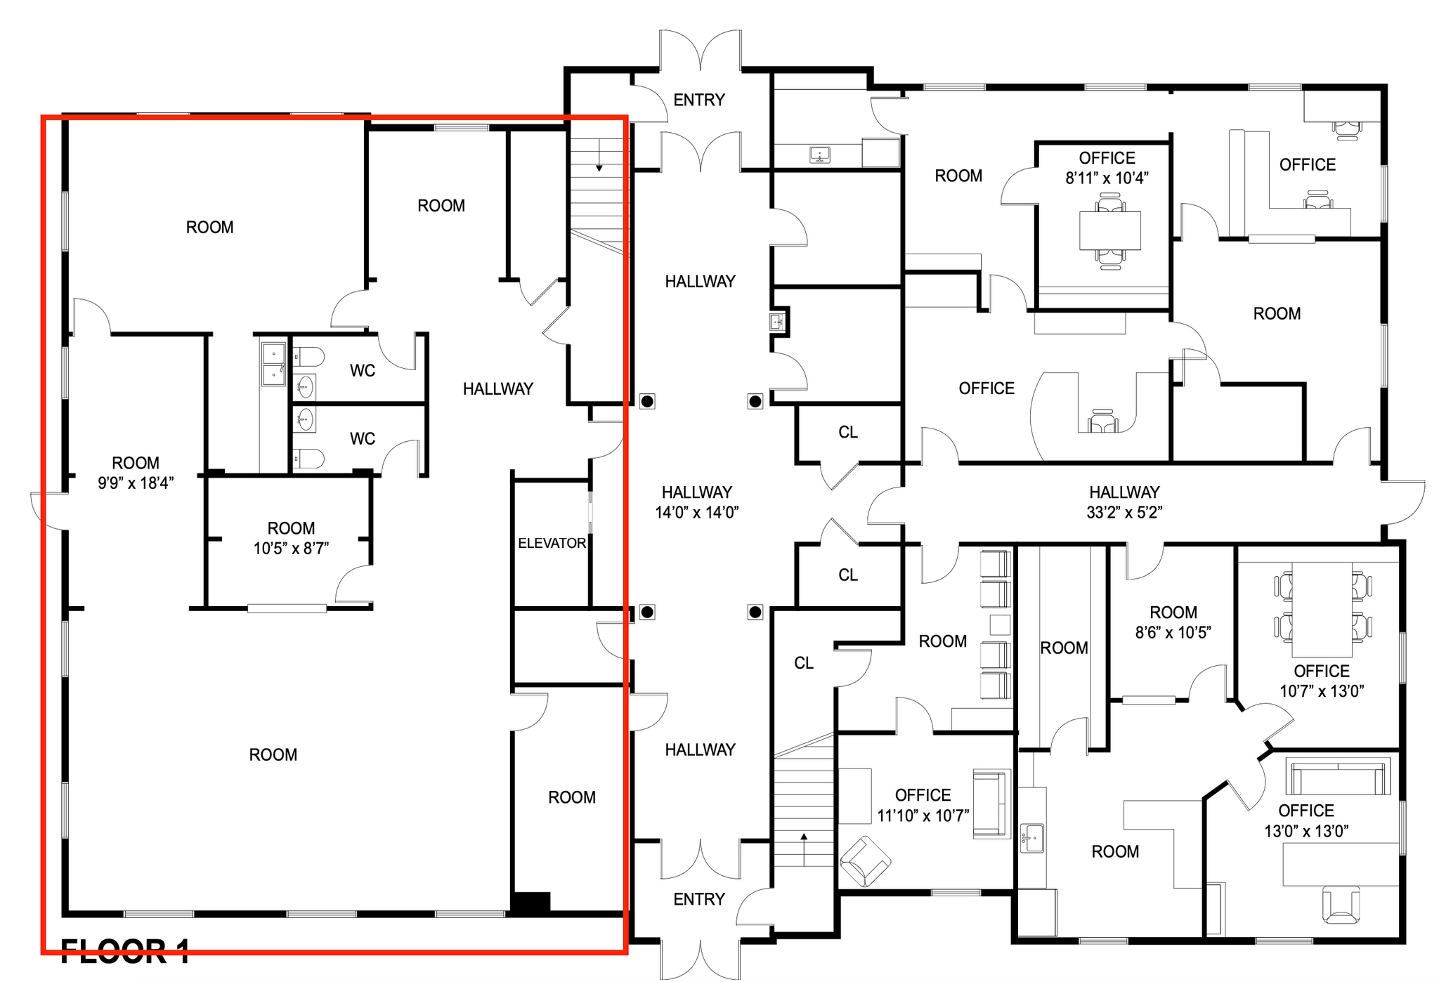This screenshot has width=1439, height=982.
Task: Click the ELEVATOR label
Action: tap(552, 543)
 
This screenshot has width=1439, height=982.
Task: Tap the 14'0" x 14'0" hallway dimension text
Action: tap(696, 513)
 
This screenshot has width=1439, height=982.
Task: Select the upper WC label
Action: tap(363, 371)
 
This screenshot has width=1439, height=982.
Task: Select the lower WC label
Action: tap(363, 439)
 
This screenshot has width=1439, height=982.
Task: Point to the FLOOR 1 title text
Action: tap(125, 952)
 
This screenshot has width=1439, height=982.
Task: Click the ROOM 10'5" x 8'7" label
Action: tap(291, 538)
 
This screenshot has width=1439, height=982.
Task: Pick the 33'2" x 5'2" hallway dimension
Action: tap(1124, 513)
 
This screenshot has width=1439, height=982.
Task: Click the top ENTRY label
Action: tap(698, 100)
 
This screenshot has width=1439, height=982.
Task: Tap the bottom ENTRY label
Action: tap(698, 899)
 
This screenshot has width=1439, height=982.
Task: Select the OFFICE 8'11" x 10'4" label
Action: tap(1107, 168)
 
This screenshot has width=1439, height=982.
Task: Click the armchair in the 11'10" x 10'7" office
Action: tap(865, 861)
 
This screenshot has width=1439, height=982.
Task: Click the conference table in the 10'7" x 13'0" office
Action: tap(1322, 608)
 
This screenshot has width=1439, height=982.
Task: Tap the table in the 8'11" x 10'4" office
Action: tap(1109, 230)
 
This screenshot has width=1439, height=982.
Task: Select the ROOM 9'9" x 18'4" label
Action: tap(136, 472)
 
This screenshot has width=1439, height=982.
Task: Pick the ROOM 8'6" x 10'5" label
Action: tap(1173, 622)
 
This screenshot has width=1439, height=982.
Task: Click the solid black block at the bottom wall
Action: tap(530, 903)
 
